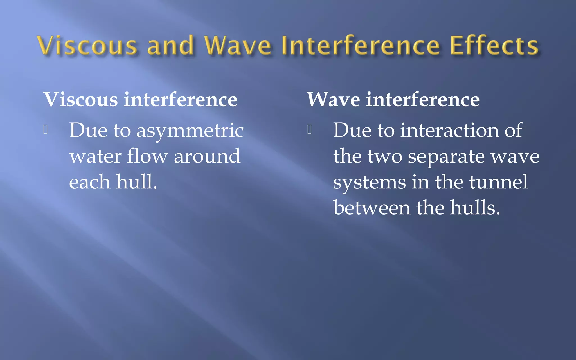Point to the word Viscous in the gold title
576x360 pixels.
click(87, 46)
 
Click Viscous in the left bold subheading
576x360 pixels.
click(81, 100)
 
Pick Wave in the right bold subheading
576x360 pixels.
click(333, 100)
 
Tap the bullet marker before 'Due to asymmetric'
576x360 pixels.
click(46, 130)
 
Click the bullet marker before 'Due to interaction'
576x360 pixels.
click(309, 130)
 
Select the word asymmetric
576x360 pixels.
click(190, 131)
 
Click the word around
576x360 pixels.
click(207, 156)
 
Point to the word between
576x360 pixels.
click(372, 208)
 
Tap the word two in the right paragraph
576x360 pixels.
click(385, 156)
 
